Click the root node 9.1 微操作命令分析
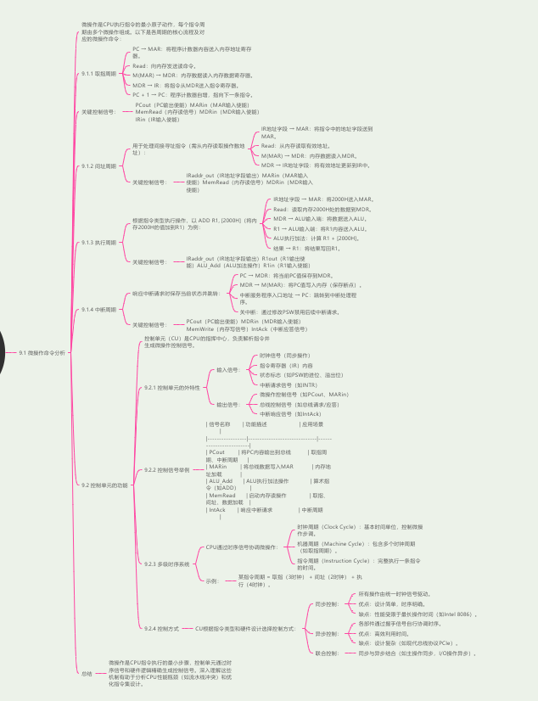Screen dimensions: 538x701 (x=42, y=350)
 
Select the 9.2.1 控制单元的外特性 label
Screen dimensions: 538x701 (x=172, y=387)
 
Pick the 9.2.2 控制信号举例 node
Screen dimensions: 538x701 (x=168, y=468)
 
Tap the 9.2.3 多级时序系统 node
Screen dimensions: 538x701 (x=167, y=564)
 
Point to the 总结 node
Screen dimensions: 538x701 (x=87, y=673)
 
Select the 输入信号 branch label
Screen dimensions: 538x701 (x=227, y=370)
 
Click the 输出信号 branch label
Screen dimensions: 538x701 (x=227, y=405)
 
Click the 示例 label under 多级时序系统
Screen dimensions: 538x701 (x=212, y=581)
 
